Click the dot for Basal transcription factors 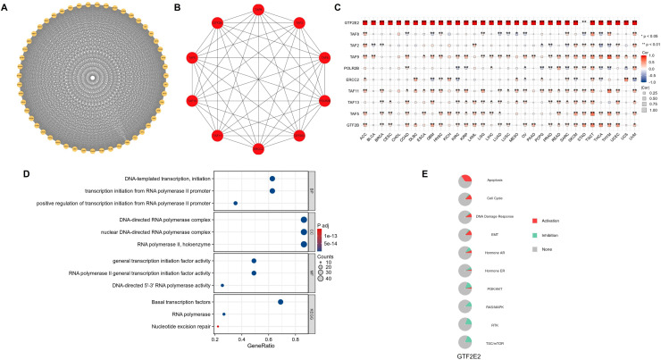[280, 302]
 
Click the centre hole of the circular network [91, 79]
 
